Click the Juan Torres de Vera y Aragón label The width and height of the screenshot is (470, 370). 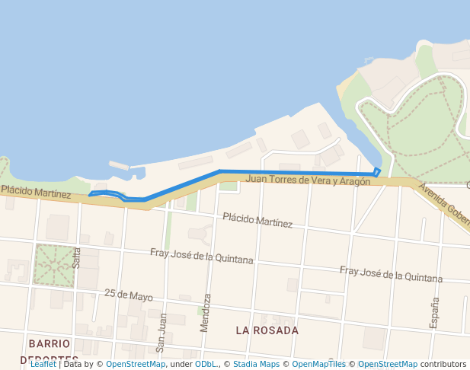coord(309,180)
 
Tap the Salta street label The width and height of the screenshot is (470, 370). coord(76,257)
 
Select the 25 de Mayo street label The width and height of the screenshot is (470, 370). coord(129,295)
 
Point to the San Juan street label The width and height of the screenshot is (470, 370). coord(161,332)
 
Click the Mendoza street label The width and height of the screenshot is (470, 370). coord(206,312)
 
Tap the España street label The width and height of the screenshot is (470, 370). coord(435,312)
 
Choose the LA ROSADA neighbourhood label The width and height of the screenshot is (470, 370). coord(267,330)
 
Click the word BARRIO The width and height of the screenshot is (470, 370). coord(50,343)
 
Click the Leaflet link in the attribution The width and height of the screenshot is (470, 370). coord(43,365)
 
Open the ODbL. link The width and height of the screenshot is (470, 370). coord(206,365)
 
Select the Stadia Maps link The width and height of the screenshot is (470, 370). coord(256,365)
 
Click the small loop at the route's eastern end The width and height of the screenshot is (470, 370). coord(377,171)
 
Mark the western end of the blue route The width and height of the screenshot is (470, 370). coord(90,194)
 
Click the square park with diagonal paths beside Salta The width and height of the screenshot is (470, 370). coord(55,265)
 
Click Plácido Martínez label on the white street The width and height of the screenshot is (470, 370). coord(257,221)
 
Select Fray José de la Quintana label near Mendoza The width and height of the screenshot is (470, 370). coord(202,256)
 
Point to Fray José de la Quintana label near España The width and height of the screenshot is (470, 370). coord(391,274)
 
